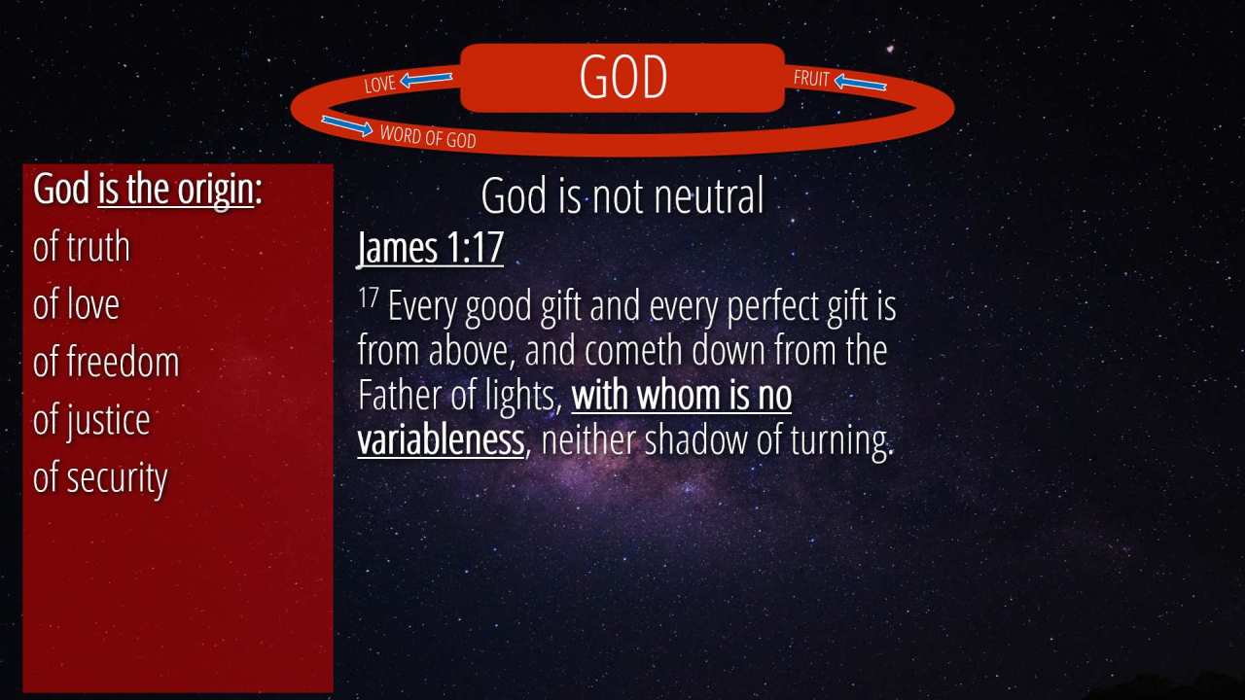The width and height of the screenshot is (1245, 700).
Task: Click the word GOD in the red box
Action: [623, 77]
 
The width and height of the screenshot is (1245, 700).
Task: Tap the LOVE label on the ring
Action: [380, 84]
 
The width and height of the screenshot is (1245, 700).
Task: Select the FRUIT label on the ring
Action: [811, 79]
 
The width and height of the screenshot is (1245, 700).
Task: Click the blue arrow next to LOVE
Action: [426, 80]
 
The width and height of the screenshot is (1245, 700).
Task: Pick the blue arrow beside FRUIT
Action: [861, 83]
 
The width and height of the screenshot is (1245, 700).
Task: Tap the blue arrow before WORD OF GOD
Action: [347, 125]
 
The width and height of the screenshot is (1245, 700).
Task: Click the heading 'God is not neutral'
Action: [622, 195]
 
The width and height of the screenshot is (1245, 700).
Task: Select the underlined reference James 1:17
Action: [431, 247]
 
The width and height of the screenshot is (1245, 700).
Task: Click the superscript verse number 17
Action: [368, 297]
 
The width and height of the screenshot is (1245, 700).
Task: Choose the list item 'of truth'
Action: [81, 247]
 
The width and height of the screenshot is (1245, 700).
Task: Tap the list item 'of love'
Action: [76, 304]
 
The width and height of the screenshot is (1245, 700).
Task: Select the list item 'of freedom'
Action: [106, 362]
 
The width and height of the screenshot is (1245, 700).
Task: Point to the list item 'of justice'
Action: [91, 421]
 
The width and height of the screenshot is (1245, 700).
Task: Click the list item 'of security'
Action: [100, 478]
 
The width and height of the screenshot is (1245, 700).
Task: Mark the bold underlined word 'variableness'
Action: [442, 440]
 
